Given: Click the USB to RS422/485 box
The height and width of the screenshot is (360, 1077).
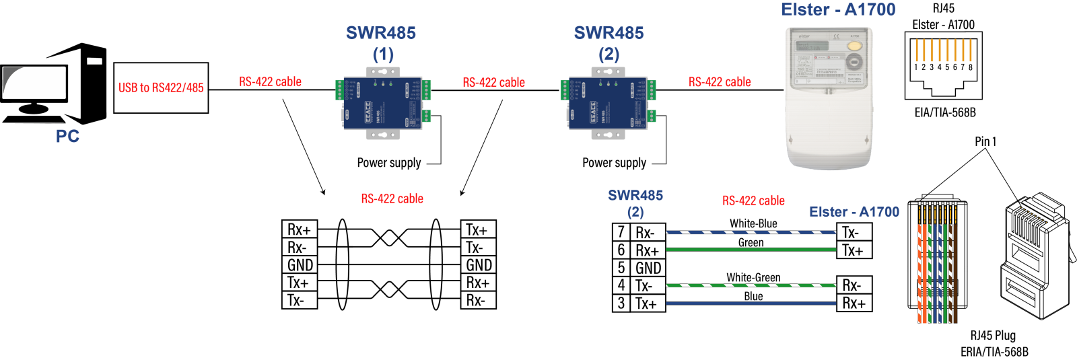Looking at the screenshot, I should click(x=161, y=87).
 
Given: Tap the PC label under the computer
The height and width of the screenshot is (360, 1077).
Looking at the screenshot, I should click(x=67, y=137).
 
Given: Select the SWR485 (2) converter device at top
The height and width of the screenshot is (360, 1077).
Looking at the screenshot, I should click(x=608, y=103).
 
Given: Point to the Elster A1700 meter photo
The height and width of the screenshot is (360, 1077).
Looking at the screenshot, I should click(x=829, y=98).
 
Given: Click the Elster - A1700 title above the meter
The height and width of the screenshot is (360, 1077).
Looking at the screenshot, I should click(x=838, y=10).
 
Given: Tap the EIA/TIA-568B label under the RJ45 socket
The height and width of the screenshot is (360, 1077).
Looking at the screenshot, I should click(x=944, y=112).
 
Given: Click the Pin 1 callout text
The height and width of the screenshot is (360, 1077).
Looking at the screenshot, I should click(x=985, y=141).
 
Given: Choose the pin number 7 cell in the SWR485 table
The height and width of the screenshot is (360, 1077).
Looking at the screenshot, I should click(x=621, y=232).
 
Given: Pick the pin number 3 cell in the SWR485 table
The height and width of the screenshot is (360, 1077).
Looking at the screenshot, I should click(x=621, y=303).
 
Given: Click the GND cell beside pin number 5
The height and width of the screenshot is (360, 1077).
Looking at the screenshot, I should click(x=648, y=268).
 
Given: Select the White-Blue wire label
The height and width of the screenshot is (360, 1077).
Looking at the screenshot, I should click(x=753, y=223).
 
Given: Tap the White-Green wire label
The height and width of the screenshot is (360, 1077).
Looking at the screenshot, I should click(x=753, y=277).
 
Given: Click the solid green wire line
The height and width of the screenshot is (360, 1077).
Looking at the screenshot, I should click(x=751, y=250).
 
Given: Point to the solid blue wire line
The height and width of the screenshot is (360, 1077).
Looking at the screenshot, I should click(x=751, y=303).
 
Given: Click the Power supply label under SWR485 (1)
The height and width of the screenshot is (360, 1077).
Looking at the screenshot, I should click(x=389, y=163).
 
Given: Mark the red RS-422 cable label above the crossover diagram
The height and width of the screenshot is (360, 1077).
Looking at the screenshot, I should click(x=392, y=199).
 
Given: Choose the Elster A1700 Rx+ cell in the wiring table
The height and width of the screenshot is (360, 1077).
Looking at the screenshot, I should click(x=854, y=303).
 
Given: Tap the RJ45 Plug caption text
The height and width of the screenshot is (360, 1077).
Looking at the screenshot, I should click(x=993, y=335).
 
